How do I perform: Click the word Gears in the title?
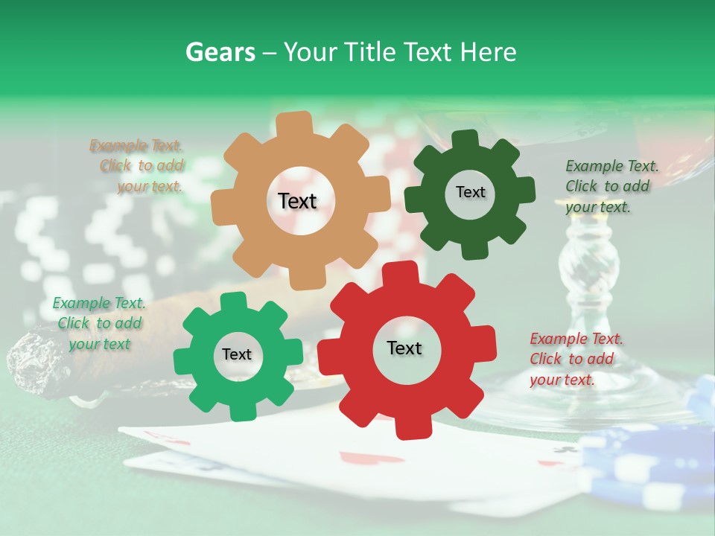[220, 52]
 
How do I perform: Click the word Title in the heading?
[370, 52]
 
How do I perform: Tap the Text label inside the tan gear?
[297, 201]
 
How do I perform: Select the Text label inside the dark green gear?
[470, 192]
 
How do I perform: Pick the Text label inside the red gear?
[404, 348]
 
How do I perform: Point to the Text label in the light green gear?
[237, 354]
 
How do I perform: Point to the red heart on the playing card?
[357, 458]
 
